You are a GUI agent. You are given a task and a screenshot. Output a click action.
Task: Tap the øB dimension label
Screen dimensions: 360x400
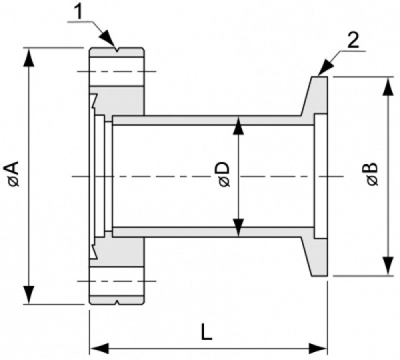[x=371, y=175]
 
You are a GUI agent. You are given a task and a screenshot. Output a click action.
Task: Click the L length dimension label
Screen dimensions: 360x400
[x=207, y=331]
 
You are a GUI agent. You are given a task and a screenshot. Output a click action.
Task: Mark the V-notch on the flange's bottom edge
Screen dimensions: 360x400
[x=117, y=302]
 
